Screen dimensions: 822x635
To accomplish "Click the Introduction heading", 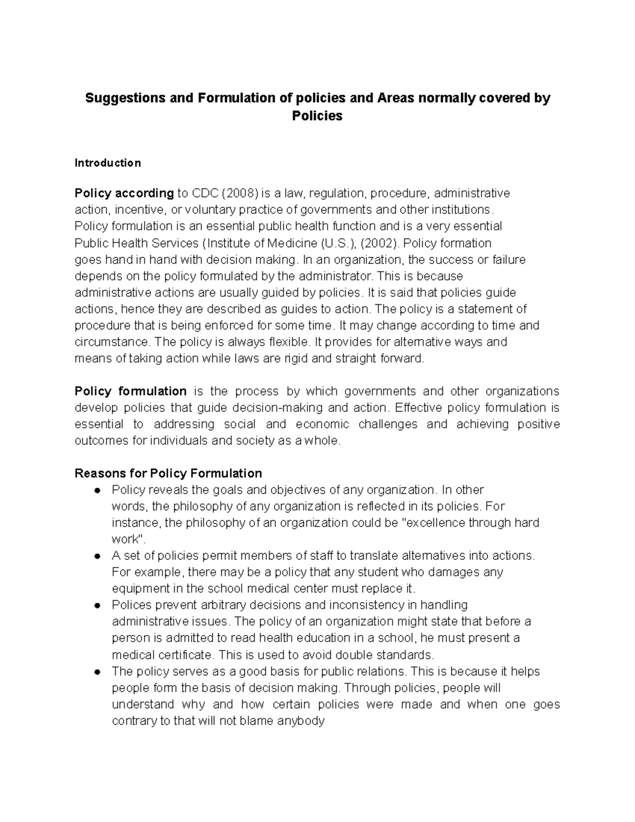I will (x=107, y=163).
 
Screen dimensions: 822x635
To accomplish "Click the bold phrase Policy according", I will (x=124, y=193).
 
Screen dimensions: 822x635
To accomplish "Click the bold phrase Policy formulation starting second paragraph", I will (x=130, y=392).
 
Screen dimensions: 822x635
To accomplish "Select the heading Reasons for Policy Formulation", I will (x=168, y=473).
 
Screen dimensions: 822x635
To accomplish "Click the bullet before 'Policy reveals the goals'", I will (x=97, y=491).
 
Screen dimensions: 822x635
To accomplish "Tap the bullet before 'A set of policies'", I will (x=97, y=556).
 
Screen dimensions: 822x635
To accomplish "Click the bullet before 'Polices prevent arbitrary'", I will (x=97, y=606).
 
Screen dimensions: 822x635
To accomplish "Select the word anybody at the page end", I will (x=301, y=721).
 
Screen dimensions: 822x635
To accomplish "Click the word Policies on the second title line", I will (x=317, y=116).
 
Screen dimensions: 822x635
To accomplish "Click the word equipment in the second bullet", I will (x=139, y=589).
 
